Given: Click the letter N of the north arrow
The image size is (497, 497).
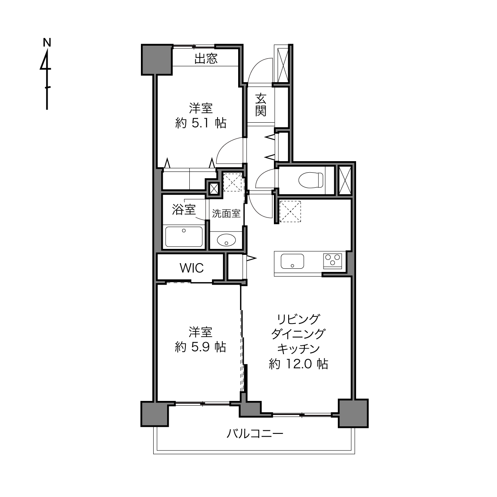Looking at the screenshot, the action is click(x=47, y=42).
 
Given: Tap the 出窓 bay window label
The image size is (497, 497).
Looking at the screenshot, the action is click(x=206, y=58).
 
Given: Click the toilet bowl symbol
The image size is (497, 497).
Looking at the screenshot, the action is click(x=310, y=180).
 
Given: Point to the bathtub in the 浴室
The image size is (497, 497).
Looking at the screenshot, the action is click(x=184, y=237).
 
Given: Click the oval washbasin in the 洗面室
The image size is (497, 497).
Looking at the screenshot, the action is click(x=226, y=240).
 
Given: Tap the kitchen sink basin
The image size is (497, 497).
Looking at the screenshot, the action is click(x=292, y=261).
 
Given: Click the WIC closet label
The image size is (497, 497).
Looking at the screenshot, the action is click(x=192, y=268).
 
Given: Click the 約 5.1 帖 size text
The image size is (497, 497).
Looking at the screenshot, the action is click(x=201, y=123).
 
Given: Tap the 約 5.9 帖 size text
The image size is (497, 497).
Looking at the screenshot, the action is click(x=200, y=347).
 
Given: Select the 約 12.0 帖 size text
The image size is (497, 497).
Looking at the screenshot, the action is click(x=299, y=364).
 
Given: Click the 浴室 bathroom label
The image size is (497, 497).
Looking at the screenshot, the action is click(x=184, y=210).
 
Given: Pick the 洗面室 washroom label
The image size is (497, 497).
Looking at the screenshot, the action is click(x=226, y=214).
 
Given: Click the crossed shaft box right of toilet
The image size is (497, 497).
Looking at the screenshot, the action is click(x=345, y=181).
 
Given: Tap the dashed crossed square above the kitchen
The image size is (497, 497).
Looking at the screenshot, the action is click(x=290, y=211).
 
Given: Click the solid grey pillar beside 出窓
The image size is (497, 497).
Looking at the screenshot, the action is click(x=157, y=60).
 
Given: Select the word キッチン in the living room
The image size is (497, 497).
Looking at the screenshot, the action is click(x=299, y=349).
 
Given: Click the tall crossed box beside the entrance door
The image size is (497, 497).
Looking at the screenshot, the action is click(x=283, y=64).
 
